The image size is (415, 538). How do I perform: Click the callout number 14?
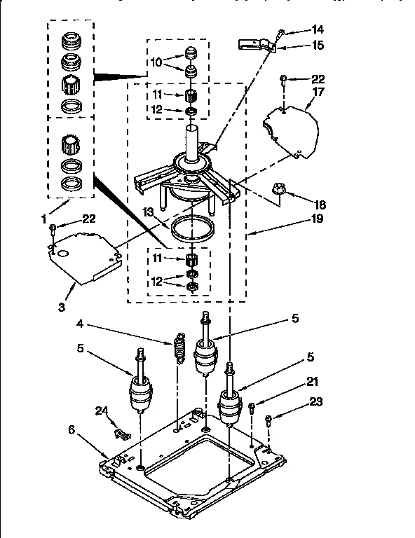pos(318,30)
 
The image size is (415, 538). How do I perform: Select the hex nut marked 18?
pos(278,188)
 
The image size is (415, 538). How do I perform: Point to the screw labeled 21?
pos(252,406)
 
